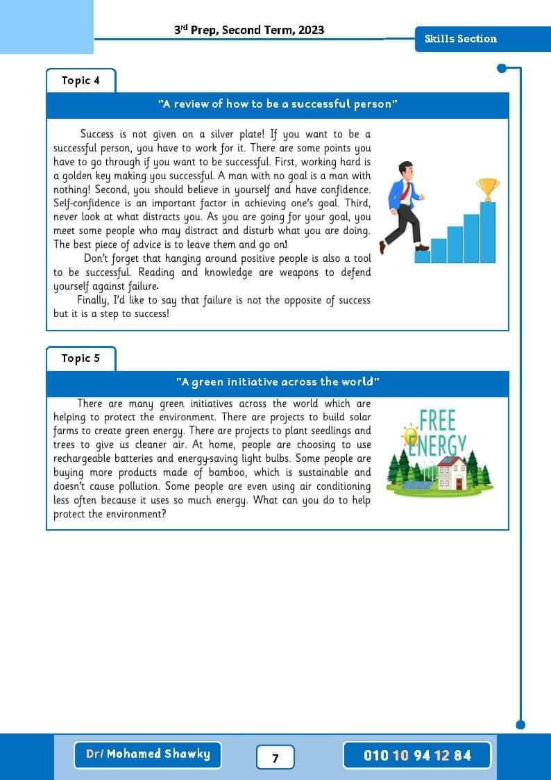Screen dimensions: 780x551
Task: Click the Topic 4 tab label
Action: (x=80, y=81)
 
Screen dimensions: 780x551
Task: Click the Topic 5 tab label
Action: (x=80, y=358)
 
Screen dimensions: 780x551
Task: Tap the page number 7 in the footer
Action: (x=275, y=758)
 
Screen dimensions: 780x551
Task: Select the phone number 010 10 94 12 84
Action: (x=417, y=755)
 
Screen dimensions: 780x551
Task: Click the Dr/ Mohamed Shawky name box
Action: (x=148, y=754)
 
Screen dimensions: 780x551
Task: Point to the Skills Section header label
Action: (x=461, y=39)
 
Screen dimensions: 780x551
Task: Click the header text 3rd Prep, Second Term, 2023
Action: (x=249, y=30)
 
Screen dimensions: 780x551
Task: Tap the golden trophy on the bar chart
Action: (x=487, y=188)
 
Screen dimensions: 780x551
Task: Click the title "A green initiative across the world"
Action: (x=278, y=382)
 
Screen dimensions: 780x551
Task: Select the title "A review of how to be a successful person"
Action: (x=278, y=104)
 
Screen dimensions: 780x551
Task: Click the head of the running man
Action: (x=405, y=169)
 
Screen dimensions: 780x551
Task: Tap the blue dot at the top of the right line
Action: (x=502, y=68)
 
